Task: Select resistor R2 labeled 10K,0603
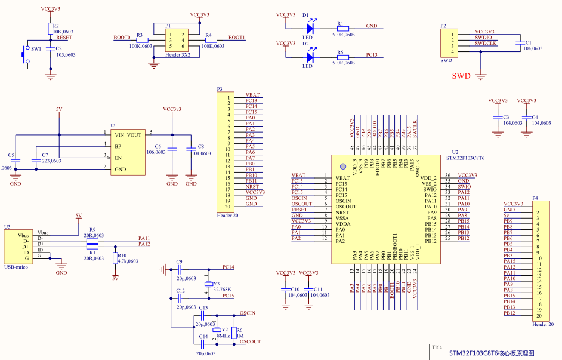[50, 29]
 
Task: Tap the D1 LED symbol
[310, 27]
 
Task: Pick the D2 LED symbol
[310, 57]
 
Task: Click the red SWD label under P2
[461, 76]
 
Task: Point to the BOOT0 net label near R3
[122, 38]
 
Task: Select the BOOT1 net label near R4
[237, 38]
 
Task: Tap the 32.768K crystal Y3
[208, 283]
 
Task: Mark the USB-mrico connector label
[17, 267]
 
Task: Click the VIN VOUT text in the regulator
[128, 135]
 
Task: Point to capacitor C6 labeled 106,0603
[172, 149]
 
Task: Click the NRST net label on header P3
[251, 186]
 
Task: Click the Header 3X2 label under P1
[177, 55]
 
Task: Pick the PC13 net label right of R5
[371, 55]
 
